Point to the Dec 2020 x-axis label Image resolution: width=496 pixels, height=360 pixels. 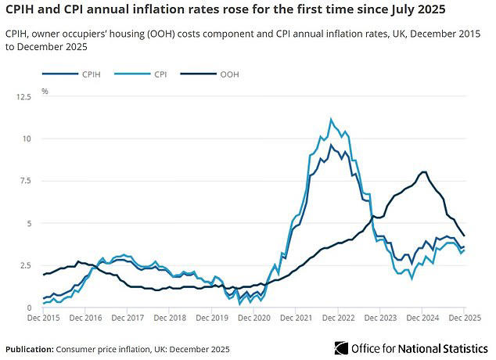[254, 319]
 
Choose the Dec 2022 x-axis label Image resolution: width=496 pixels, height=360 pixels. [339, 319]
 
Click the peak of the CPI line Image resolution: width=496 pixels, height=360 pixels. [331, 119]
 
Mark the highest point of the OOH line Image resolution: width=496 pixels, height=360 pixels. [423, 172]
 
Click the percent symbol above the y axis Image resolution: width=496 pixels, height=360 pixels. [45, 92]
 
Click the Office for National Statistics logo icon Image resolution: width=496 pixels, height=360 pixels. [340, 347]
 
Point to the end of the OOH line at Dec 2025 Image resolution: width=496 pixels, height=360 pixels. [465, 236]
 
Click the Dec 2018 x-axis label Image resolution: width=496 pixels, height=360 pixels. [171, 319]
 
